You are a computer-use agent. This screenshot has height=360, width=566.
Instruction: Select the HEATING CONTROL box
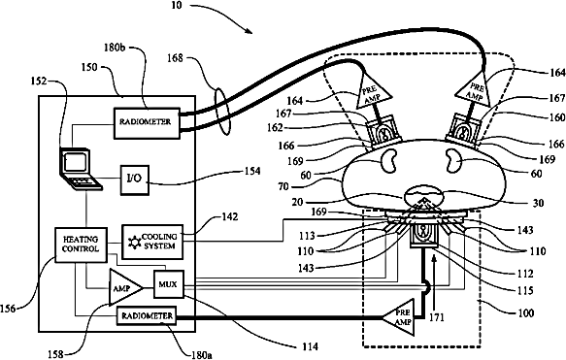coord(81,245)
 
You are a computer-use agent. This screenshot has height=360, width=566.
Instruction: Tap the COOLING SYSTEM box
coord(152,242)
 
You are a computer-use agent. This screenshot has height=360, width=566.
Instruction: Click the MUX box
coord(169,284)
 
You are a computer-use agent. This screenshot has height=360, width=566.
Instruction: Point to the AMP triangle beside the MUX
coord(123,288)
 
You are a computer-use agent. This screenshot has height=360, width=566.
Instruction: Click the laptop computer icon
coord(81,168)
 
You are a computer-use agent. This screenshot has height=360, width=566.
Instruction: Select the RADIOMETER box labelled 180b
coord(147,122)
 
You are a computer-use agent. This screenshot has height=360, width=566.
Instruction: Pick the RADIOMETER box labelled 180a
coord(147,316)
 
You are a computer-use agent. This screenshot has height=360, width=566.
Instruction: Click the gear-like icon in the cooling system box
coord(134,242)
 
